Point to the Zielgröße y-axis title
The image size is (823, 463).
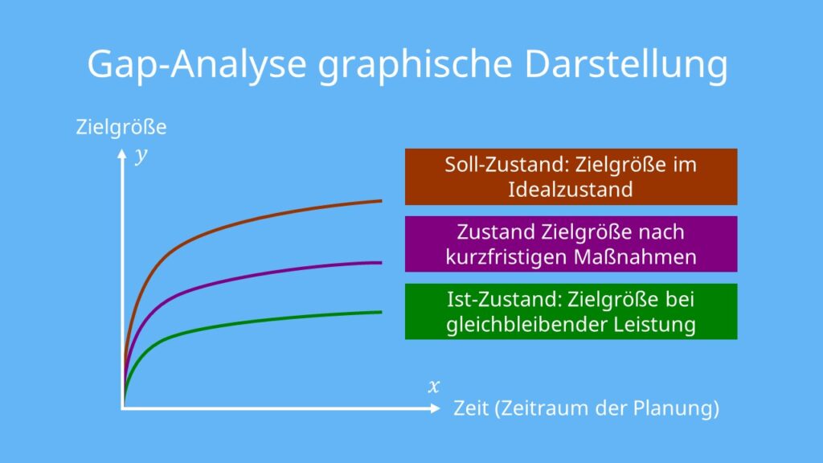click(x=121, y=127)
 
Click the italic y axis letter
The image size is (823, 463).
click(x=142, y=155)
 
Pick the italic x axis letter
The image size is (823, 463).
click(x=434, y=387)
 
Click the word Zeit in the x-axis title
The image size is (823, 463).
click(x=471, y=408)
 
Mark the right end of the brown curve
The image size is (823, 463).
click(x=381, y=200)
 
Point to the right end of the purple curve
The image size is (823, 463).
click(x=381, y=262)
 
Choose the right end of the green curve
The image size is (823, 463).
click(x=381, y=312)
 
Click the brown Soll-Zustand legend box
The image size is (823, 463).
click(x=571, y=177)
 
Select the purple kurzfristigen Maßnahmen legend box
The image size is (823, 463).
click(x=571, y=244)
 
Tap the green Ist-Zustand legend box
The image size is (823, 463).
click(x=571, y=312)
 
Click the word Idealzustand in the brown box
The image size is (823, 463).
click(x=571, y=190)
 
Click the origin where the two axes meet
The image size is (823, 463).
click(x=123, y=408)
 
